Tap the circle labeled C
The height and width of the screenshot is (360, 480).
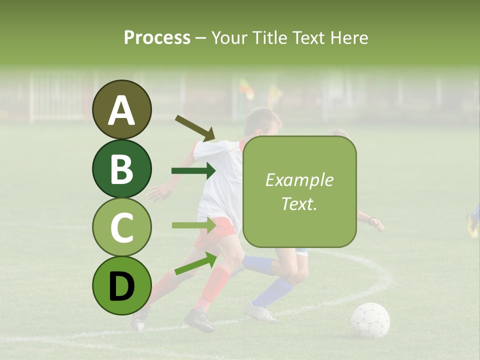pyautogui.click(x=122, y=227)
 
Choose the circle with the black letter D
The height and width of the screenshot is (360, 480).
pyautogui.click(x=122, y=285)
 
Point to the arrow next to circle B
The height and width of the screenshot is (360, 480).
pyautogui.click(x=193, y=171)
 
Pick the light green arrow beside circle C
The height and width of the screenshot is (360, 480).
pyautogui.click(x=193, y=225)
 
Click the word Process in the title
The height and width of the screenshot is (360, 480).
pyautogui.click(x=157, y=37)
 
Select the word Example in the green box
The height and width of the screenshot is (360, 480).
pyautogui.click(x=299, y=180)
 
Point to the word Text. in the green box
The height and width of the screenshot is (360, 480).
pyautogui.click(x=299, y=203)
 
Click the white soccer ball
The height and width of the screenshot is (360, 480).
pyautogui.click(x=370, y=320)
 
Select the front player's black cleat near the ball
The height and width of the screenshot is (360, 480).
pyautogui.click(x=199, y=320)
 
